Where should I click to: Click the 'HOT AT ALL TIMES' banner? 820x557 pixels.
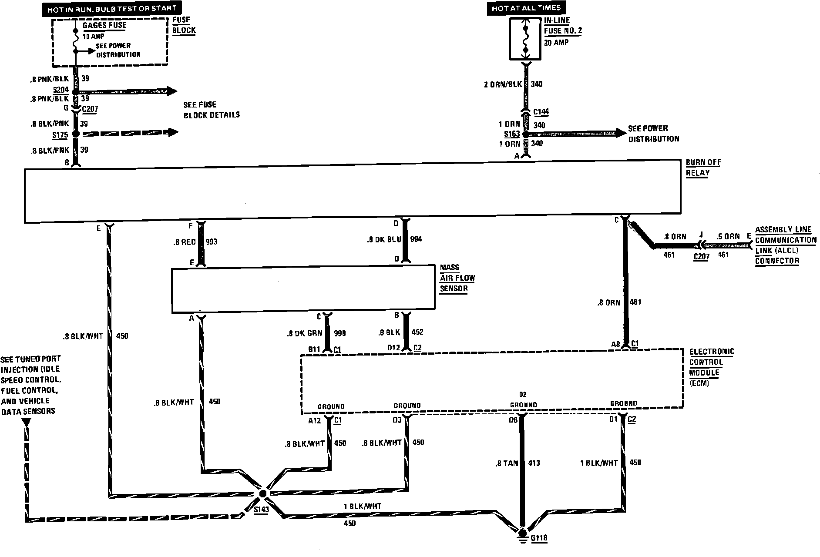click(x=526, y=8)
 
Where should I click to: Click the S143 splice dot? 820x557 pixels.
click(x=262, y=494)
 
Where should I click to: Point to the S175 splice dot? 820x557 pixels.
click(x=76, y=134)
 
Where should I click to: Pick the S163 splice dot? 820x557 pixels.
click(x=525, y=134)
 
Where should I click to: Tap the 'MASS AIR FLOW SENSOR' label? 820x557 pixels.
click(x=457, y=278)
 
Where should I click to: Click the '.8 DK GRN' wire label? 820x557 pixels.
click(x=305, y=333)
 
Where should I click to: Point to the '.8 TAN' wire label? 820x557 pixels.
click(x=507, y=463)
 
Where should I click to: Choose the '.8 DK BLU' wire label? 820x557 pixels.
click(x=383, y=239)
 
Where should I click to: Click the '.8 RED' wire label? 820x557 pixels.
click(x=185, y=242)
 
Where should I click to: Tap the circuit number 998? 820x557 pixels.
click(x=340, y=333)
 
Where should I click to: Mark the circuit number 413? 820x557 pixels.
click(x=534, y=463)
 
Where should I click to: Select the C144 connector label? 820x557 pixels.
click(x=541, y=112)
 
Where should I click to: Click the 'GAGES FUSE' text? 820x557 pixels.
click(x=104, y=25)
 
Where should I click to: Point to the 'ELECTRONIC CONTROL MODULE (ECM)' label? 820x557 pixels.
click(x=711, y=367)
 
